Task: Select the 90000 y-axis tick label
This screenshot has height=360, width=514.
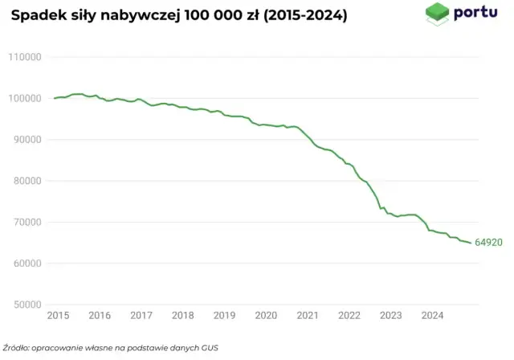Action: coord(26,140)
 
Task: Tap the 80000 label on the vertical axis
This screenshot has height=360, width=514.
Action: coord(26,181)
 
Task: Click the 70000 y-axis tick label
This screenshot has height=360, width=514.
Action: coord(26,223)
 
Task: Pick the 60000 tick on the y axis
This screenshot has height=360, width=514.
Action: coord(26,264)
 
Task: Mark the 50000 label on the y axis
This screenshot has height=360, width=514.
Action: coord(26,305)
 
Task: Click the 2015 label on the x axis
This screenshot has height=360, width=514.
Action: coord(58,316)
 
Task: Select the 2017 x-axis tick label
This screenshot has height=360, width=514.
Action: coord(141,316)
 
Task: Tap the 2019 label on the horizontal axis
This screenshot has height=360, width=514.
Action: coord(224,316)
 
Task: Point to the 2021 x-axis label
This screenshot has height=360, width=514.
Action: coord(308,316)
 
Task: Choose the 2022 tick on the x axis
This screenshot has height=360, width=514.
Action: coord(349,316)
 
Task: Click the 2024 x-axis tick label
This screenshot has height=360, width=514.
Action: coord(432,316)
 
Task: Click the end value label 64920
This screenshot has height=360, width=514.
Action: coord(488,242)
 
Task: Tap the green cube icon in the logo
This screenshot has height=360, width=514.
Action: coord(436,14)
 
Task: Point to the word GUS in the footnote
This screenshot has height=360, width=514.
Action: coord(209,348)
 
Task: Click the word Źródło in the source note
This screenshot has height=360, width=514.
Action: coord(17,348)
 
